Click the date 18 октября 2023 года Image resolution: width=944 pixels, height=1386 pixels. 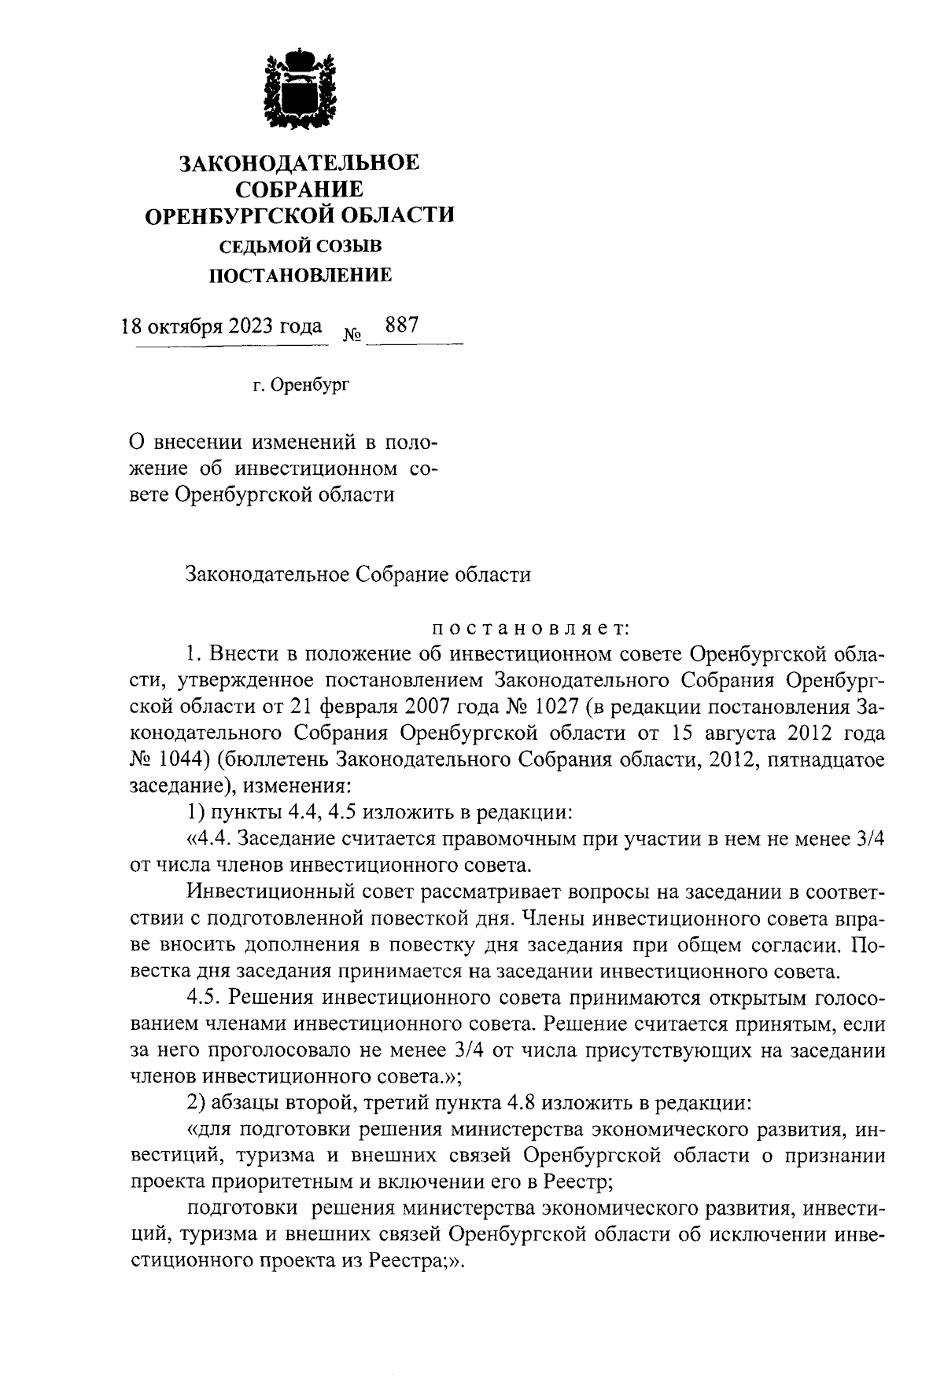(221, 325)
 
